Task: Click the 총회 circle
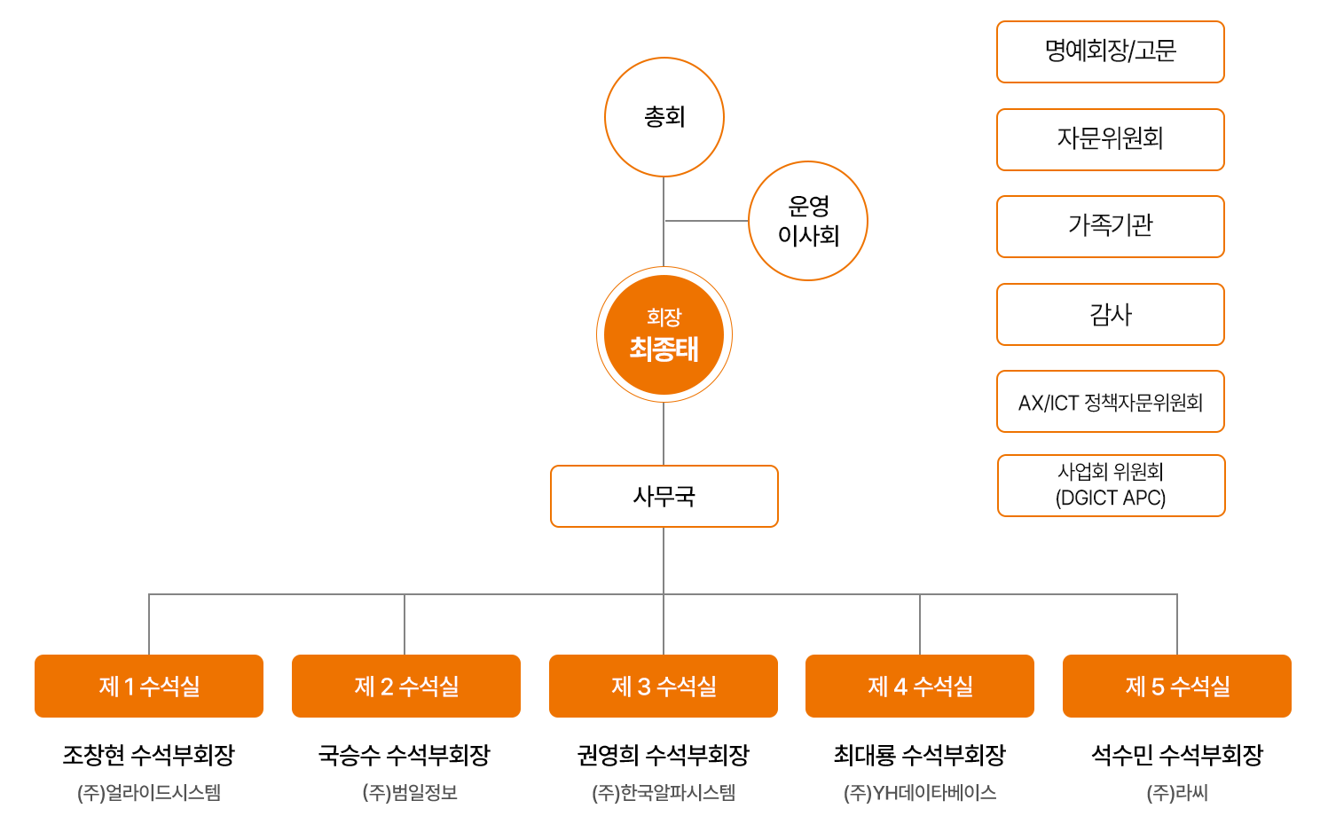pos(664,117)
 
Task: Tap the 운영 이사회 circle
pos(807,221)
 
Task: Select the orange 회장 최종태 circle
pos(664,334)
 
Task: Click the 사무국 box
pos(664,496)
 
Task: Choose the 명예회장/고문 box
pos(1110,51)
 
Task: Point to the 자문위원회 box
pos(1110,139)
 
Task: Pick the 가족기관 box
pos(1110,226)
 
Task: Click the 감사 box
pos(1110,314)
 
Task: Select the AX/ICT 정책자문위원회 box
pos(1110,402)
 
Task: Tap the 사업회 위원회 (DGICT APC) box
pos(1110,485)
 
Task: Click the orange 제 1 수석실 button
pos(149,686)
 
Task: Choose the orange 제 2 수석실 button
pos(406,686)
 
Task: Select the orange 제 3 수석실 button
pos(664,686)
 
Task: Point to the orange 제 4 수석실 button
pos(920,686)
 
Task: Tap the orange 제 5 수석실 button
pos(1177,686)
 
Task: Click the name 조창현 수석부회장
pos(149,755)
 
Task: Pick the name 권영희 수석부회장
pos(664,755)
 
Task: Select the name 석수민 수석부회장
pos(1177,755)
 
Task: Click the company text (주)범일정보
pos(410,792)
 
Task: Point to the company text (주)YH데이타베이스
pos(920,792)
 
